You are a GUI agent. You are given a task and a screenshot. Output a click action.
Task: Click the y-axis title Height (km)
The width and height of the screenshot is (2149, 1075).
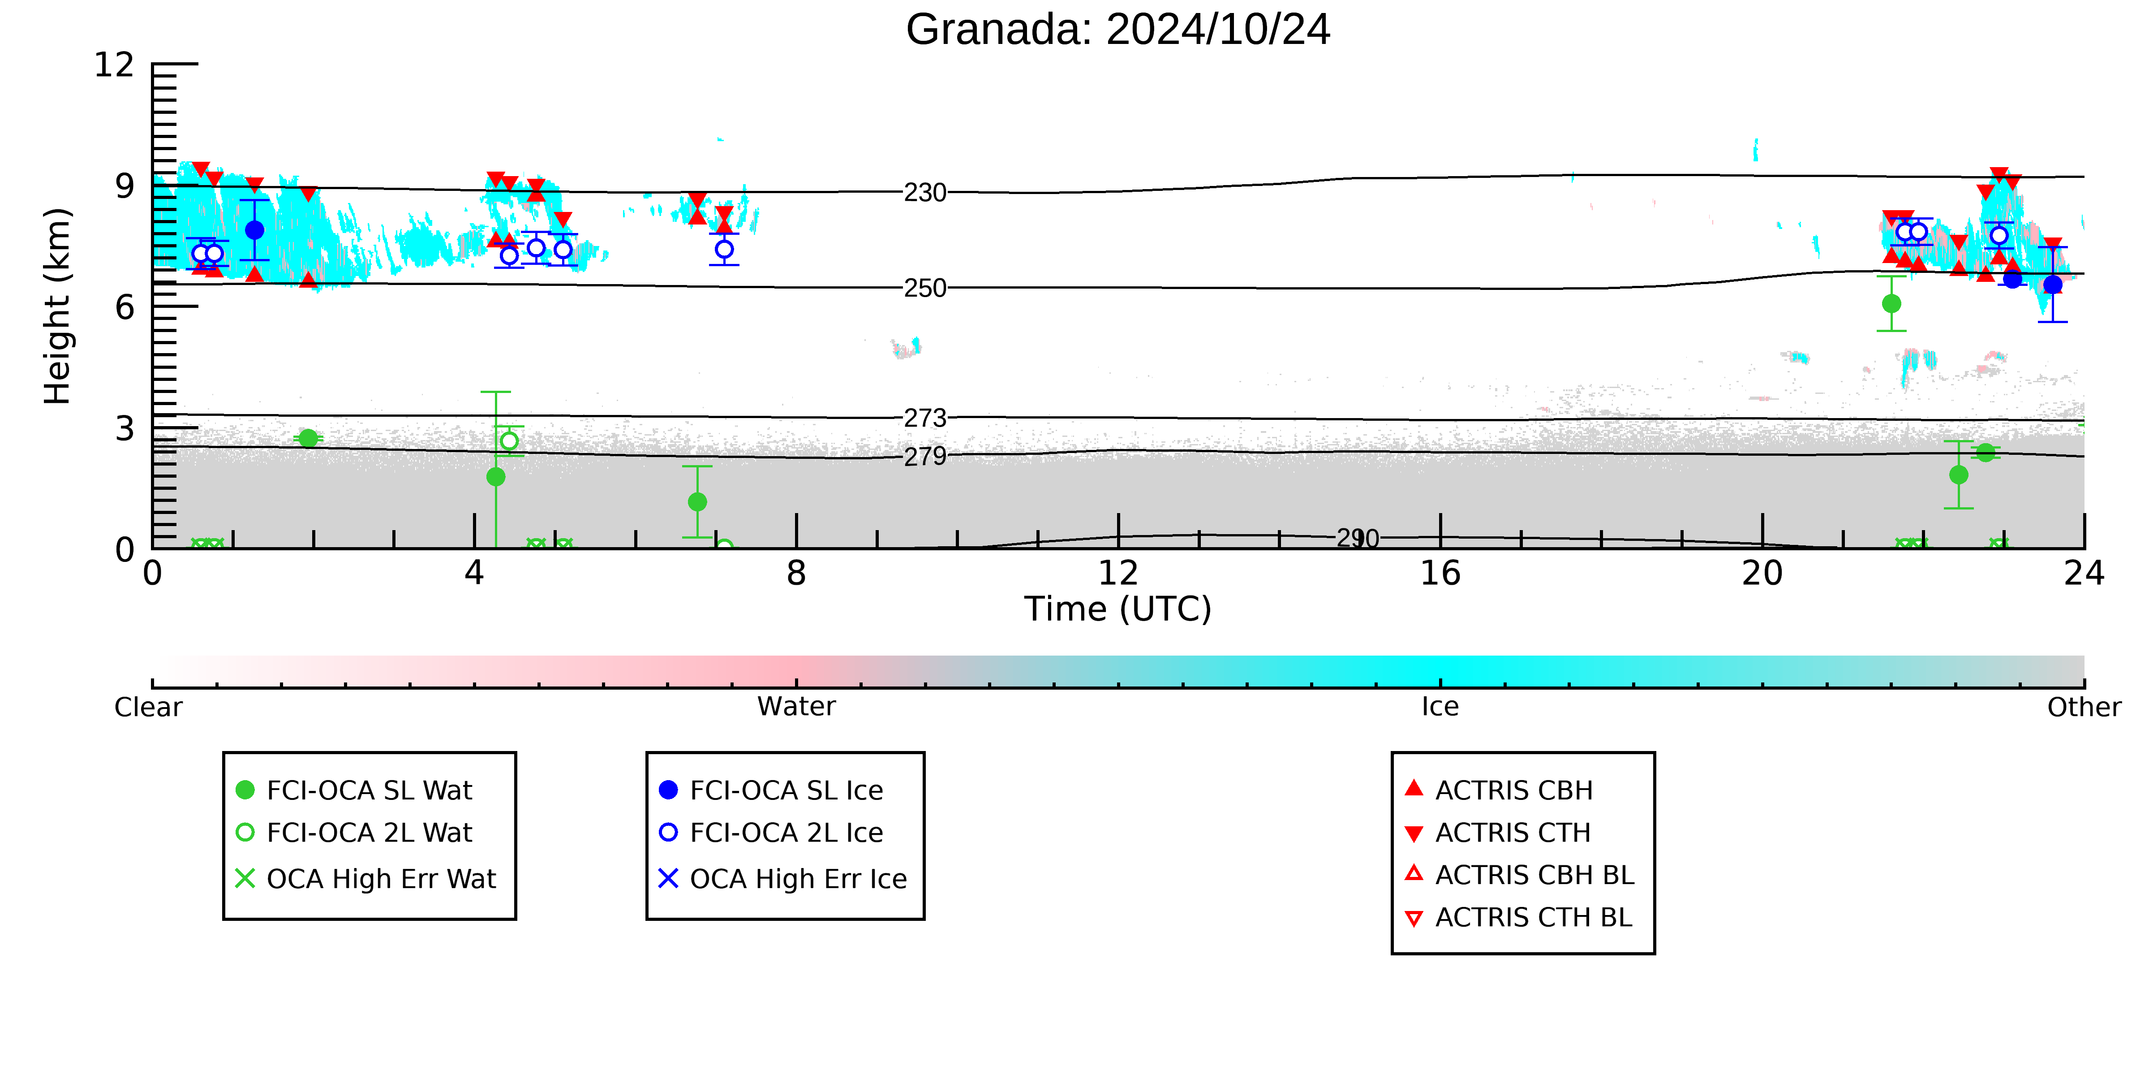[x=58, y=307]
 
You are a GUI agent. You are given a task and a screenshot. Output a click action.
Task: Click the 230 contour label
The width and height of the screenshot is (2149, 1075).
[x=925, y=193]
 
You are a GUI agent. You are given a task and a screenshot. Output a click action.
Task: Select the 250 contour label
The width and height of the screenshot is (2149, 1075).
[x=925, y=289]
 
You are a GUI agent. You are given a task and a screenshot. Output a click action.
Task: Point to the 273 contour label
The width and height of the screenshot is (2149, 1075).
[x=925, y=418]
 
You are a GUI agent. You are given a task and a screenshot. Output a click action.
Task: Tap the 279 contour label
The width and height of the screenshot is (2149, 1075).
[x=925, y=457]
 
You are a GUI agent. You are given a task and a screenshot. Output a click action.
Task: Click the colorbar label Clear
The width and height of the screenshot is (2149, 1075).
[x=149, y=707]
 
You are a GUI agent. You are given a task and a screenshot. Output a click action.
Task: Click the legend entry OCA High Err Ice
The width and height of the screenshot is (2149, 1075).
[x=782, y=879]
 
